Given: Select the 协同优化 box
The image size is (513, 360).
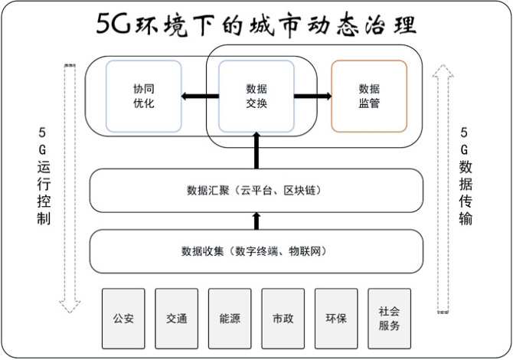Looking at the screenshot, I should coord(143,96).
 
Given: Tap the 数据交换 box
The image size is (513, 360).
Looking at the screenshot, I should coord(257,96).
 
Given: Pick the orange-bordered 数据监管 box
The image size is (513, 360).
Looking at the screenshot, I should coord(368,96).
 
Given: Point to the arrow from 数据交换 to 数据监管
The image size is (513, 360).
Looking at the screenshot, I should coord(312,96).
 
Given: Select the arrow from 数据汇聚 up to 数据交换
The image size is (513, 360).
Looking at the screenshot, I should coord(257,149).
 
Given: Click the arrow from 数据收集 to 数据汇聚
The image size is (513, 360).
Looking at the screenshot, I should coord(257,221).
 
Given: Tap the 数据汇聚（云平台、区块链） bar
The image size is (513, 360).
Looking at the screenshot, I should coord(256,190).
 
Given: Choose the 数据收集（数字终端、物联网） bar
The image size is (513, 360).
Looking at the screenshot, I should coord(256,250).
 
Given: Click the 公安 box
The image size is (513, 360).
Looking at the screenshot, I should coord(123,317).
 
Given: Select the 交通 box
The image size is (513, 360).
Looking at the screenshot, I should coord(177,317).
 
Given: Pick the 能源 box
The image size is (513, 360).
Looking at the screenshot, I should coord(230,317).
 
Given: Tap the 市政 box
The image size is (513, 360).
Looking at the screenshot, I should coord(283,317).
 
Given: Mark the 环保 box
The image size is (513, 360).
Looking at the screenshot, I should coord(336,317).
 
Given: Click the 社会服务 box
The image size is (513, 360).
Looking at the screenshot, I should coord(389,317).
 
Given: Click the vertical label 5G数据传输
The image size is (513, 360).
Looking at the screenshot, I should coord(466,175).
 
